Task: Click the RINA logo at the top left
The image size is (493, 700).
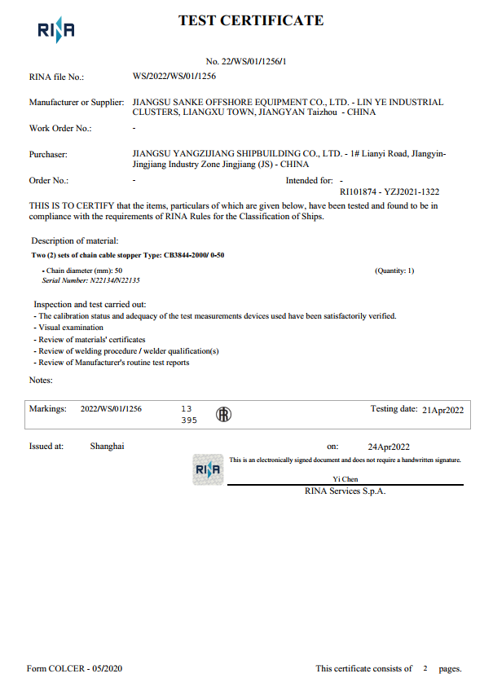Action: tap(56, 31)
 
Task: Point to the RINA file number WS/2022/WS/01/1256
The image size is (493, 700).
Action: tap(174, 77)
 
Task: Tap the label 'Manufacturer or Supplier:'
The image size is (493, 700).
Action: tap(77, 103)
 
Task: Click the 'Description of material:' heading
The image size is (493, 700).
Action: tap(75, 240)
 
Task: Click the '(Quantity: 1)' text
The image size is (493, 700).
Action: tap(394, 271)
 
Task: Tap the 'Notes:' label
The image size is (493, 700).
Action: tap(41, 380)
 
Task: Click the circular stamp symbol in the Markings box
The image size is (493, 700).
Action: tap(222, 415)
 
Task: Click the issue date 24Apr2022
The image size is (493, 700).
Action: tap(389, 447)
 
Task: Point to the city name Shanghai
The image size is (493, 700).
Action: tap(107, 447)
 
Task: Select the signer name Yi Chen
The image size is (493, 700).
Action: tap(346, 479)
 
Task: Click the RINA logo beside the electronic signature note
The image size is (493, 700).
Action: tap(207, 469)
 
